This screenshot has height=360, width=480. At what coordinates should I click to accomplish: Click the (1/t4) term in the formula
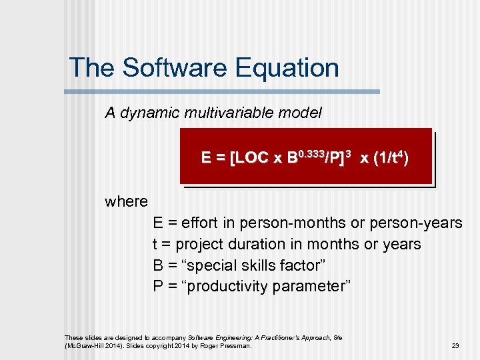pyautogui.click(x=392, y=158)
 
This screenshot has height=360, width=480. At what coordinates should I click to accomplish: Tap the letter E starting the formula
pyautogui.click(x=206, y=158)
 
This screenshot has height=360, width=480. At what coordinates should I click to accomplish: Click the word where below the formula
pyautogui.click(x=126, y=201)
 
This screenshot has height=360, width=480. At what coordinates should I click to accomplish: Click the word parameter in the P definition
pyautogui.click(x=313, y=287)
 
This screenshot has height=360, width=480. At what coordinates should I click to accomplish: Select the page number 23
pyautogui.click(x=455, y=346)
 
